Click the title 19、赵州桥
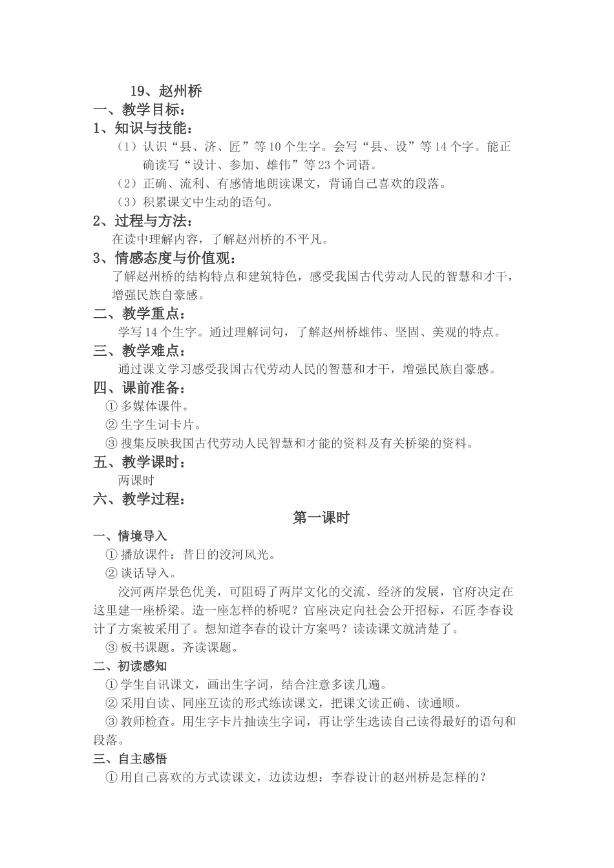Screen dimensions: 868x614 tap(166, 91)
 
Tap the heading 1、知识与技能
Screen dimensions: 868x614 tap(143, 129)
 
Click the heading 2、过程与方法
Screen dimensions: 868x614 tap(143, 221)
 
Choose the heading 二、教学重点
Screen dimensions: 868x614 tap(139, 314)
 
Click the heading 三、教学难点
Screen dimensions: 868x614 tap(139, 351)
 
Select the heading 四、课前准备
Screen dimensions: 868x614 tap(139, 388)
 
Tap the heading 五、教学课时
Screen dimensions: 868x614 tap(139, 462)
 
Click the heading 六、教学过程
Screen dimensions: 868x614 tap(139, 499)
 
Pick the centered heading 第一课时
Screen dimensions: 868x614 tap(321, 517)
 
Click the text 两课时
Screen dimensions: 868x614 tap(136, 480)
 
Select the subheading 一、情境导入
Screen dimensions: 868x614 tap(130, 536)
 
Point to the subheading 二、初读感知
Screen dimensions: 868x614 tap(130, 666)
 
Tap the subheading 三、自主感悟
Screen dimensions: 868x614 tap(130, 759)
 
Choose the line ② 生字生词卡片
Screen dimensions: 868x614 tap(154, 425)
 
